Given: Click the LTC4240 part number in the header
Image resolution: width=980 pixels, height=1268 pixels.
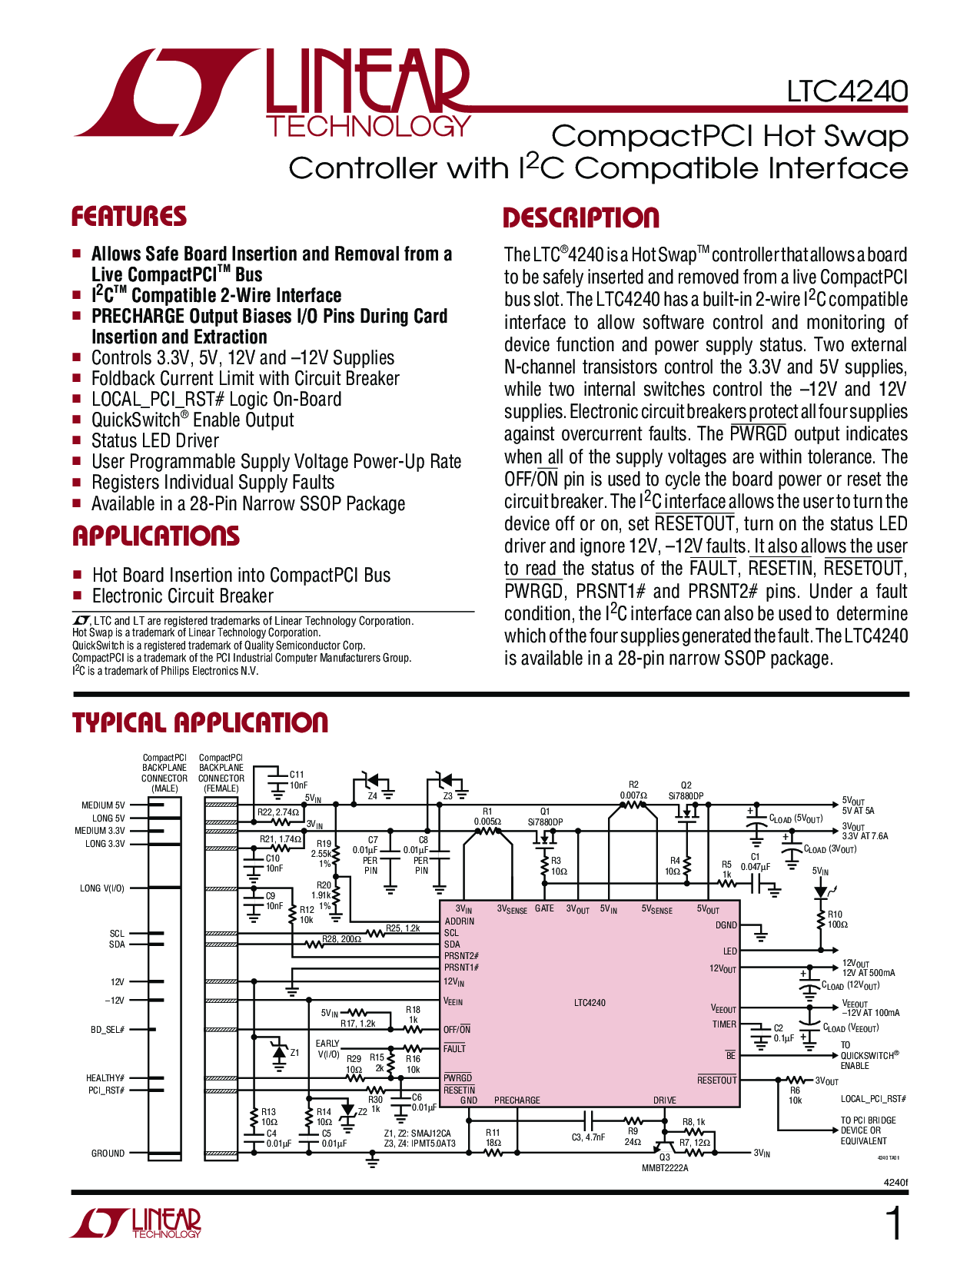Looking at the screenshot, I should pyautogui.click(x=846, y=91).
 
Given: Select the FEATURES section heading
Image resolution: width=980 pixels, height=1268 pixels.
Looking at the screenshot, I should pyautogui.click(x=129, y=217).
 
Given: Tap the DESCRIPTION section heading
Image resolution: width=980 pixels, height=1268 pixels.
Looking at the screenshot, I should pyautogui.click(x=580, y=218).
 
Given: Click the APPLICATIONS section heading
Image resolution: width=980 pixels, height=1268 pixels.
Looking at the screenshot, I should pyautogui.click(x=156, y=536).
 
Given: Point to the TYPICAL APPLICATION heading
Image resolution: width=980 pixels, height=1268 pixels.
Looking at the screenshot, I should pyautogui.click(x=200, y=723).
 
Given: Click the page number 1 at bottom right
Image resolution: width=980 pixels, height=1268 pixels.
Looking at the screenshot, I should pyautogui.click(x=894, y=1223).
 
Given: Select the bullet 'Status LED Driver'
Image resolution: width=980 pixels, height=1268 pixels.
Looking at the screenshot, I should pyautogui.click(x=154, y=441).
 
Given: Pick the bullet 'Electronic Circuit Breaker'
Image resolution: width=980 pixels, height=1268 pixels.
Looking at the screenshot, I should pyautogui.click(x=182, y=596).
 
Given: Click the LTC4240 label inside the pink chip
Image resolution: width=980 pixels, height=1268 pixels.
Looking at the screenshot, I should pyautogui.click(x=590, y=1003).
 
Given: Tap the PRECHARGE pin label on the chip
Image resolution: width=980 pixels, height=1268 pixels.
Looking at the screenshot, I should pyautogui.click(x=517, y=1100).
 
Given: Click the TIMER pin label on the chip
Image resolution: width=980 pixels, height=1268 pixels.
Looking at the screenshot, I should pyautogui.click(x=724, y=1024).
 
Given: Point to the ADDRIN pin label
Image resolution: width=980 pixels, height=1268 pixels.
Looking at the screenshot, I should pyautogui.click(x=460, y=921).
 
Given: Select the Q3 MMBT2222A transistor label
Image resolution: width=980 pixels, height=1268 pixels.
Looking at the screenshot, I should pyautogui.click(x=665, y=1163).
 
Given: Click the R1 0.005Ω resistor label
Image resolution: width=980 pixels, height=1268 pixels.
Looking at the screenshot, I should pyautogui.click(x=487, y=817).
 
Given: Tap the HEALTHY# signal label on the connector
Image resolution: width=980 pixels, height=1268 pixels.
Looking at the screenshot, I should pyautogui.click(x=105, y=1078).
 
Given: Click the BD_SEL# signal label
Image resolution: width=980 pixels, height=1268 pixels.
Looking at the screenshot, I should pyautogui.click(x=108, y=1030).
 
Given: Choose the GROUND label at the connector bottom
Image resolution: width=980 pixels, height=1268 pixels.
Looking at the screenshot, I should pyautogui.click(x=108, y=1153).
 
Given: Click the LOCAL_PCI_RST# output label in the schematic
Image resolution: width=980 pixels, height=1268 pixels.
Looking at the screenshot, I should pyautogui.click(x=873, y=1099).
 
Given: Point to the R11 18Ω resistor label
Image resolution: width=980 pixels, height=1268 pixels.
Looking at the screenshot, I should pyautogui.click(x=493, y=1137).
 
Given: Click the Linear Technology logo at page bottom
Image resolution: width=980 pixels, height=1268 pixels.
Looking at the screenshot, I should pyautogui.click(x=136, y=1223).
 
